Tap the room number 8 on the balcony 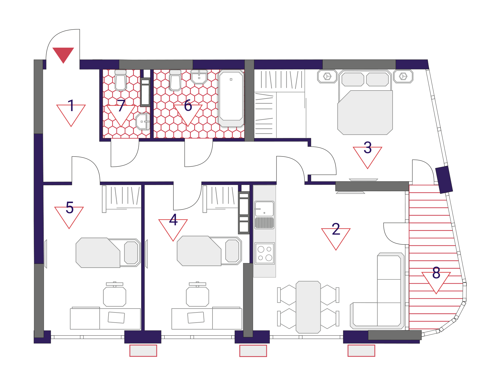point(436,273)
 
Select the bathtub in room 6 point(231,98)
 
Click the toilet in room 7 point(121,80)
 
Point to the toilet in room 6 point(175,80)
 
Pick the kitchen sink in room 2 point(264,215)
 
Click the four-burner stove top point(264,254)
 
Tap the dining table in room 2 point(308,307)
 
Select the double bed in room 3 point(365,102)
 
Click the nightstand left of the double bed point(327,76)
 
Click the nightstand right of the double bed point(403,76)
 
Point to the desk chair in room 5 point(114,294)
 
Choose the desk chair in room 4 point(197,294)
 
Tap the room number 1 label point(71,106)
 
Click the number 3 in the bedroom point(368,147)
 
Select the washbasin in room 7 point(143,121)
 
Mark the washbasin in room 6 point(199,77)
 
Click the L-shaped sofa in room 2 point(377,291)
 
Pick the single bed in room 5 point(108,253)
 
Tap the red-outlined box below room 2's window point(361,351)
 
